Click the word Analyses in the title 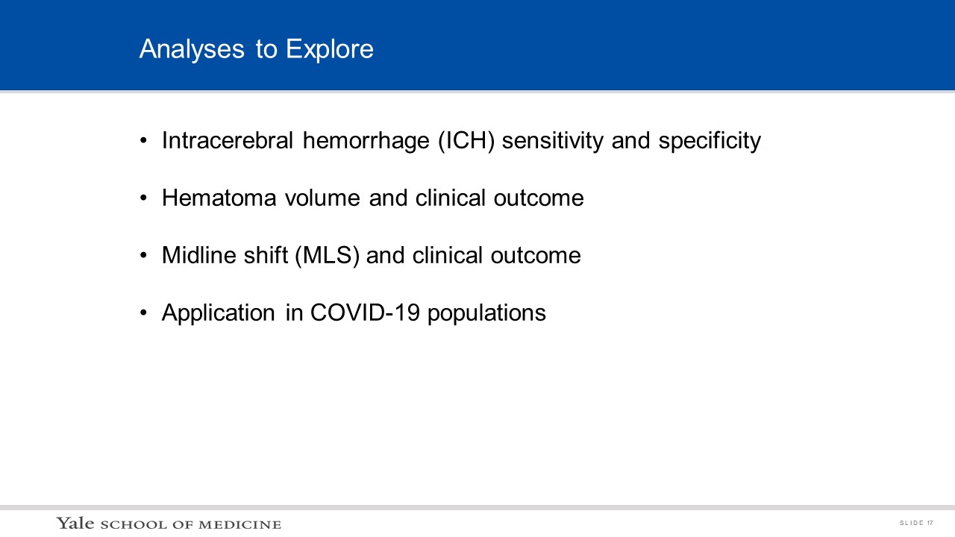coord(192,50)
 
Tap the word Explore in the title coord(330,50)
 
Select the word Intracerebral coord(228,140)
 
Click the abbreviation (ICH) coord(466,141)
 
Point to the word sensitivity coord(553,141)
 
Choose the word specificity coord(710,141)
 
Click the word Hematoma coord(219,198)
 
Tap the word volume coord(323,198)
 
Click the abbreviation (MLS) coord(328,256)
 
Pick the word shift coord(266,255)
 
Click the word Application coord(219,313)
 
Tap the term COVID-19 coord(365,313)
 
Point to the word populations coord(486,313)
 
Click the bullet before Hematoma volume coord(143,198)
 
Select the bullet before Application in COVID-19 coord(143,313)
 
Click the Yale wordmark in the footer coord(75,523)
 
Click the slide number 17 coord(930,523)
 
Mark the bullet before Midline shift coord(143,255)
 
